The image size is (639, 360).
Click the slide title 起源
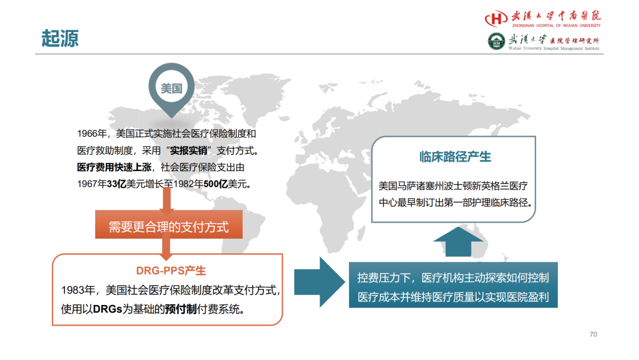tap(60, 38)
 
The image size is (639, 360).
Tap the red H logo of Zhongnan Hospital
tap(496, 18)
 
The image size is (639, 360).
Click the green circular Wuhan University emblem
tap(496, 41)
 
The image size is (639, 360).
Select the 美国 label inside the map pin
tap(171, 88)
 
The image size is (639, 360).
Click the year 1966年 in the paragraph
tap(92, 134)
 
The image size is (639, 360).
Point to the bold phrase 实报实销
tap(188, 150)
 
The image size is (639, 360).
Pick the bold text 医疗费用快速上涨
tap(114, 167)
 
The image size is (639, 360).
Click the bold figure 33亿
tap(117, 184)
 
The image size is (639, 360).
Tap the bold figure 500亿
tap(215, 184)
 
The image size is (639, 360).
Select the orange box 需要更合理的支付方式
tap(169, 224)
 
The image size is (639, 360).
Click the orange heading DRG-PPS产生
tap(171, 271)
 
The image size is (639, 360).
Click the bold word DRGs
tap(108, 309)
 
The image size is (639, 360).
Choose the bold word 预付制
tap(181, 309)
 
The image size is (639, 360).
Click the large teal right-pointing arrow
tap(319, 282)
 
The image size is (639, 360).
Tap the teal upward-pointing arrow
tap(458, 242)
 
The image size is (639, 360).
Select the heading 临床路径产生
tap(455, 156)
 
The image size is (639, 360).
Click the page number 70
tap(593, 335)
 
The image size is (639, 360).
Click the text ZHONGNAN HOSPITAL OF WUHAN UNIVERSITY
tap(556, 25)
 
